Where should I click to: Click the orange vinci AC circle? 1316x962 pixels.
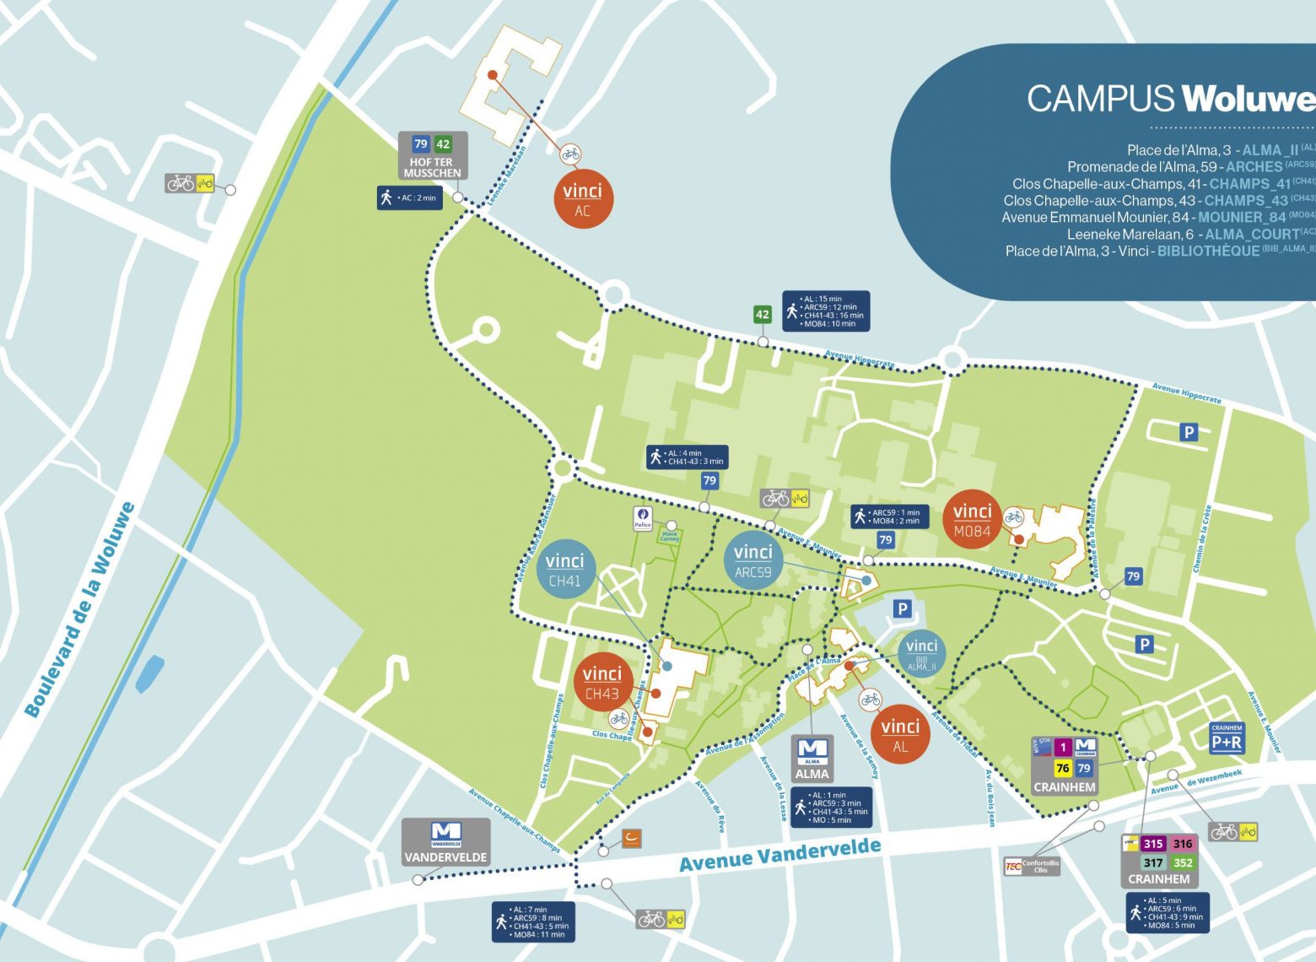coord(582,200)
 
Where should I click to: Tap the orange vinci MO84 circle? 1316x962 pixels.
coord(972,520)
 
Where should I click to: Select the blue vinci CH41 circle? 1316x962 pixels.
coord(564,569)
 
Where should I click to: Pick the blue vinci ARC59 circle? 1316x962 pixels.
coord(753,560)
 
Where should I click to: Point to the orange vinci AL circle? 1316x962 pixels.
coord(900,734)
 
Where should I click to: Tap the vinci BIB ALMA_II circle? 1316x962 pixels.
coord(921,653)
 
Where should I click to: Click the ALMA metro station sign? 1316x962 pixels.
coord(812,759)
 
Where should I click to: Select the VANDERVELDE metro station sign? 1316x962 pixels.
coord(445,842)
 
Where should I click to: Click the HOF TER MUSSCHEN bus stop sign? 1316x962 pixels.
coord(432,156)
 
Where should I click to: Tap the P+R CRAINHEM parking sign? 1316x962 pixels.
coord(1226,738)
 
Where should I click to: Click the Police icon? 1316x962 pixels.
coord(643,519)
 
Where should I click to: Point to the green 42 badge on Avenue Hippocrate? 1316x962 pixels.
coord(763,315)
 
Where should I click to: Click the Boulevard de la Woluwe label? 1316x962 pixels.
coord(80,609)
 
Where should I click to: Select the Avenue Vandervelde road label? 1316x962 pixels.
coord(779,855)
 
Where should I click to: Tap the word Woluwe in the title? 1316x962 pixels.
coord(1247,99)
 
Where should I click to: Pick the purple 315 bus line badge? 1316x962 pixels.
coord(1152,844)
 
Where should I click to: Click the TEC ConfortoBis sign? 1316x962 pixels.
coord(1031,866)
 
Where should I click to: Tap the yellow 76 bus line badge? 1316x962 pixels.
coord(1063,768)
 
